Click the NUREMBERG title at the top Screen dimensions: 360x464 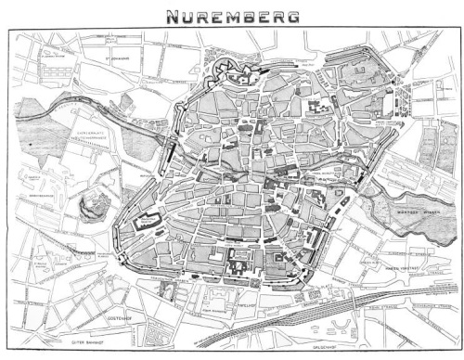[x=233, y=16]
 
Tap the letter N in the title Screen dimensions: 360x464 [x=173, y=16]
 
